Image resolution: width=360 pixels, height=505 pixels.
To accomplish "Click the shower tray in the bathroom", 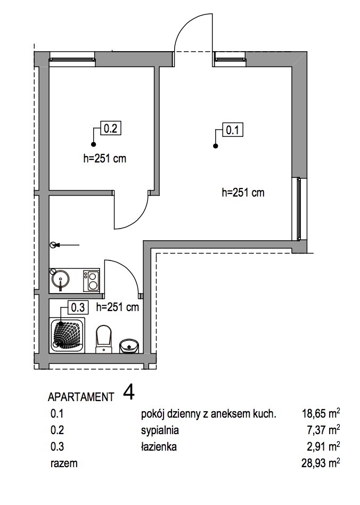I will pyautogui.click(x=67, y=334).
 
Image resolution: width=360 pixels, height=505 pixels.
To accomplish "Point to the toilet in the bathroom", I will pyautogui.click(x=103, y=340).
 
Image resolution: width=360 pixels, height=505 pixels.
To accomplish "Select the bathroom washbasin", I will pyautogui.click(x=128, y=346).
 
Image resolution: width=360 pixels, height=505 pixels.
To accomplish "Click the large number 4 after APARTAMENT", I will pyautogui.click(x=128, y=393).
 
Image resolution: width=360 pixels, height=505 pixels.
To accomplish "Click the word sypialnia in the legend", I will pyautogui.click(x=159, y=430).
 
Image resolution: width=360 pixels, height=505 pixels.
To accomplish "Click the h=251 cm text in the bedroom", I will pyautogui.click(x=105, y=159).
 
